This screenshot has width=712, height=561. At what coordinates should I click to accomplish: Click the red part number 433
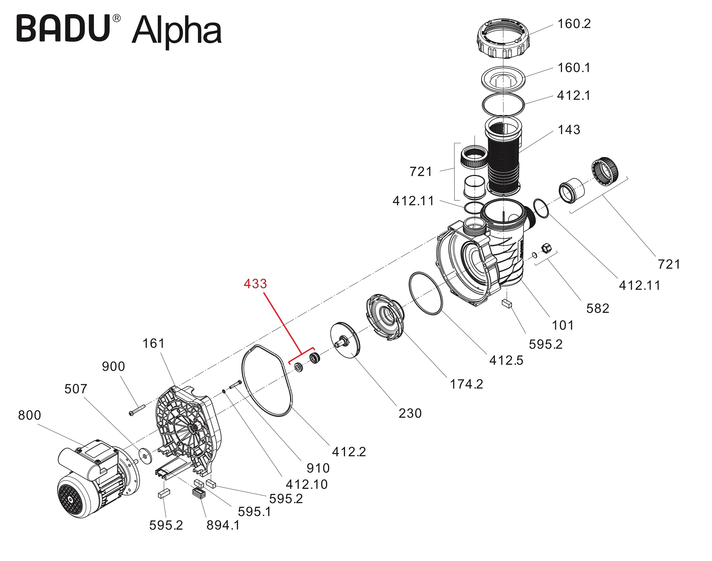(255, 284)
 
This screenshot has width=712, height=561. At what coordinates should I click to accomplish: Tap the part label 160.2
(574, 24)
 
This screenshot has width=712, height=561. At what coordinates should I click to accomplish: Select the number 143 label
(569, 130)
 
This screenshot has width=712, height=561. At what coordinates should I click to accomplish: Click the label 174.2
(466, 384)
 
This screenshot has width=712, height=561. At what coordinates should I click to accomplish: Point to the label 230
(410, 413)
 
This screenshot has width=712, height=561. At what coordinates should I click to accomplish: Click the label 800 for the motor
(30, 415)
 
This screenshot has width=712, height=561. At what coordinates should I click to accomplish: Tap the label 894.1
(223, 525)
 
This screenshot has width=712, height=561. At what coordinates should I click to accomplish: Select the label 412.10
(307, 484)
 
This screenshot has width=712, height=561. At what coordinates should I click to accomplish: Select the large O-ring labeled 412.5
(425, 293)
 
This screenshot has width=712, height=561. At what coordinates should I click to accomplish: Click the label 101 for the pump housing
(563, 325)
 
